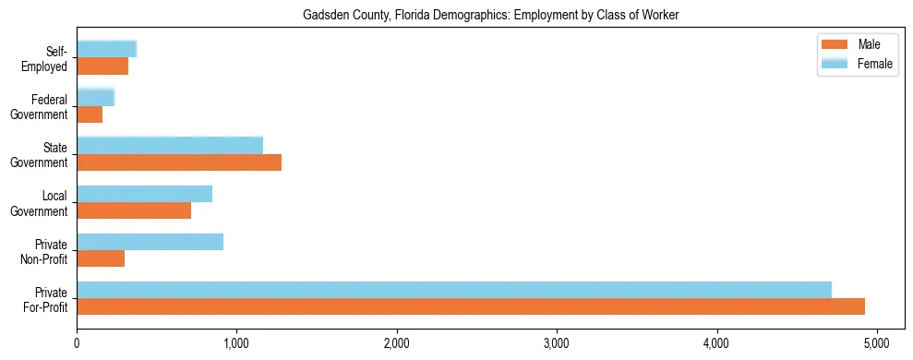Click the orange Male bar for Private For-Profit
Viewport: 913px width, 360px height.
tap(471, 306)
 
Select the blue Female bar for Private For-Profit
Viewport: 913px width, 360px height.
tap(454, 290)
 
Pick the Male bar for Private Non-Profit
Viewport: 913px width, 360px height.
tap(101, 258)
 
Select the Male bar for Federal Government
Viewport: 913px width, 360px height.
tap(90, 114)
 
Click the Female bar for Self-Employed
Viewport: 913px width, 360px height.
tap(106, 49)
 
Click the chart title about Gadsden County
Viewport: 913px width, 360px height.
tap(490, 15)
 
